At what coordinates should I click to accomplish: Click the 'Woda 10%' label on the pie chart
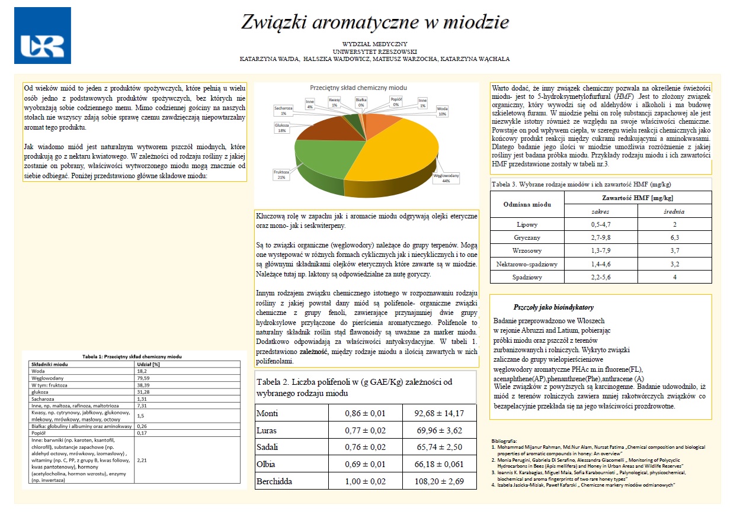click(x=441, y=111)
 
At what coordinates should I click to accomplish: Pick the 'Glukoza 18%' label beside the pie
click(x=281, y=128)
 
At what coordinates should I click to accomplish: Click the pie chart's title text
click(x=358, y=88)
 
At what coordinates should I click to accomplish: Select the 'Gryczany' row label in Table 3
click(x=527, y=237)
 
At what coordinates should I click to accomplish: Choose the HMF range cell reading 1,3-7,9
click(x=601, y=250)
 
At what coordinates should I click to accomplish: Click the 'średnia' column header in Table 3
click(x=674, y=211)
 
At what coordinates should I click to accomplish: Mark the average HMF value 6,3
click(x=674, y=237)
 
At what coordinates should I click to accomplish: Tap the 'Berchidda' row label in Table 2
click(x=274, y=481)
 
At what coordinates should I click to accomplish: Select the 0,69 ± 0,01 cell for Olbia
click(x=365, y=464)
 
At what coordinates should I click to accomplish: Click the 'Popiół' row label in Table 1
click(x=39, y=433)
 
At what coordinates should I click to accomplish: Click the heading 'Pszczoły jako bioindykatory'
click(x=553, y=307)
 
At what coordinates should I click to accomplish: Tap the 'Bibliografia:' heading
click(x=505, y=441)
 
